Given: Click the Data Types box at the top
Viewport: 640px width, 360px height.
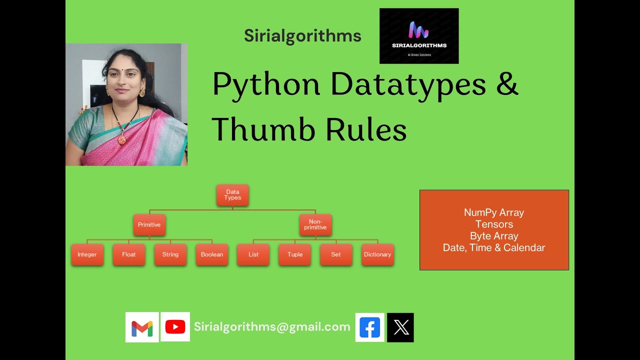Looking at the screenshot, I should click(x=232, y=195).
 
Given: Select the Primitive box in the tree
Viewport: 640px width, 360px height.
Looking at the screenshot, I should click(x=149, y=225).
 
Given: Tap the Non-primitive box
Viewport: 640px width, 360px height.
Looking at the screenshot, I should click(x=315, y=224).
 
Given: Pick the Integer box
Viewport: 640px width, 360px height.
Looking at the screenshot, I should click(x=87, y=254).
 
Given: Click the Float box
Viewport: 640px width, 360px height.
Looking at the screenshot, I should click(x=129, y=254).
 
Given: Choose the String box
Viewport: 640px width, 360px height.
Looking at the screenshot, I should click(x=170, y=254).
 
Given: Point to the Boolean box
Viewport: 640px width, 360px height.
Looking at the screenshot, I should click(x=212, y=254).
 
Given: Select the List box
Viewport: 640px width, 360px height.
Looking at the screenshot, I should click(x=253, y=254).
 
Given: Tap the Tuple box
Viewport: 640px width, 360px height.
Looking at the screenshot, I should click(x=295, y=254).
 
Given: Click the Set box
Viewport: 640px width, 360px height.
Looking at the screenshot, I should click(x=336, y=254).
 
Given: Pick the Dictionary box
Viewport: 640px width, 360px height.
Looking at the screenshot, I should click(x=377, y=254).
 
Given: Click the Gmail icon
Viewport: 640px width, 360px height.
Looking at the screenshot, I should click(x=142, y=327).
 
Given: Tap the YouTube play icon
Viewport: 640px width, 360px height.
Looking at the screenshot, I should click(x=175, y=327).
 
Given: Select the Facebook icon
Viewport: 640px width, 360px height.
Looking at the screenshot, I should click(x=370, y=327).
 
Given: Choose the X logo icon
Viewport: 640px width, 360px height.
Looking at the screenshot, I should click(x=400, y=327).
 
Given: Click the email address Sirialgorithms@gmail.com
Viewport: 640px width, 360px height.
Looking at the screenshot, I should click(x=272, y=327).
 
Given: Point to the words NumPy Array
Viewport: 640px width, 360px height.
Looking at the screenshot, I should click(x=494, y=212).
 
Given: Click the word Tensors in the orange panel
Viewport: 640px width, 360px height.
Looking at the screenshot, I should click(x=494, y=224).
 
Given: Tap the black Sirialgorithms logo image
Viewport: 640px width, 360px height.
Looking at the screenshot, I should click(x=419, y=36).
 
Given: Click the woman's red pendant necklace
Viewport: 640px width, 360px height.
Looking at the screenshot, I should click(x=121, y=139).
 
